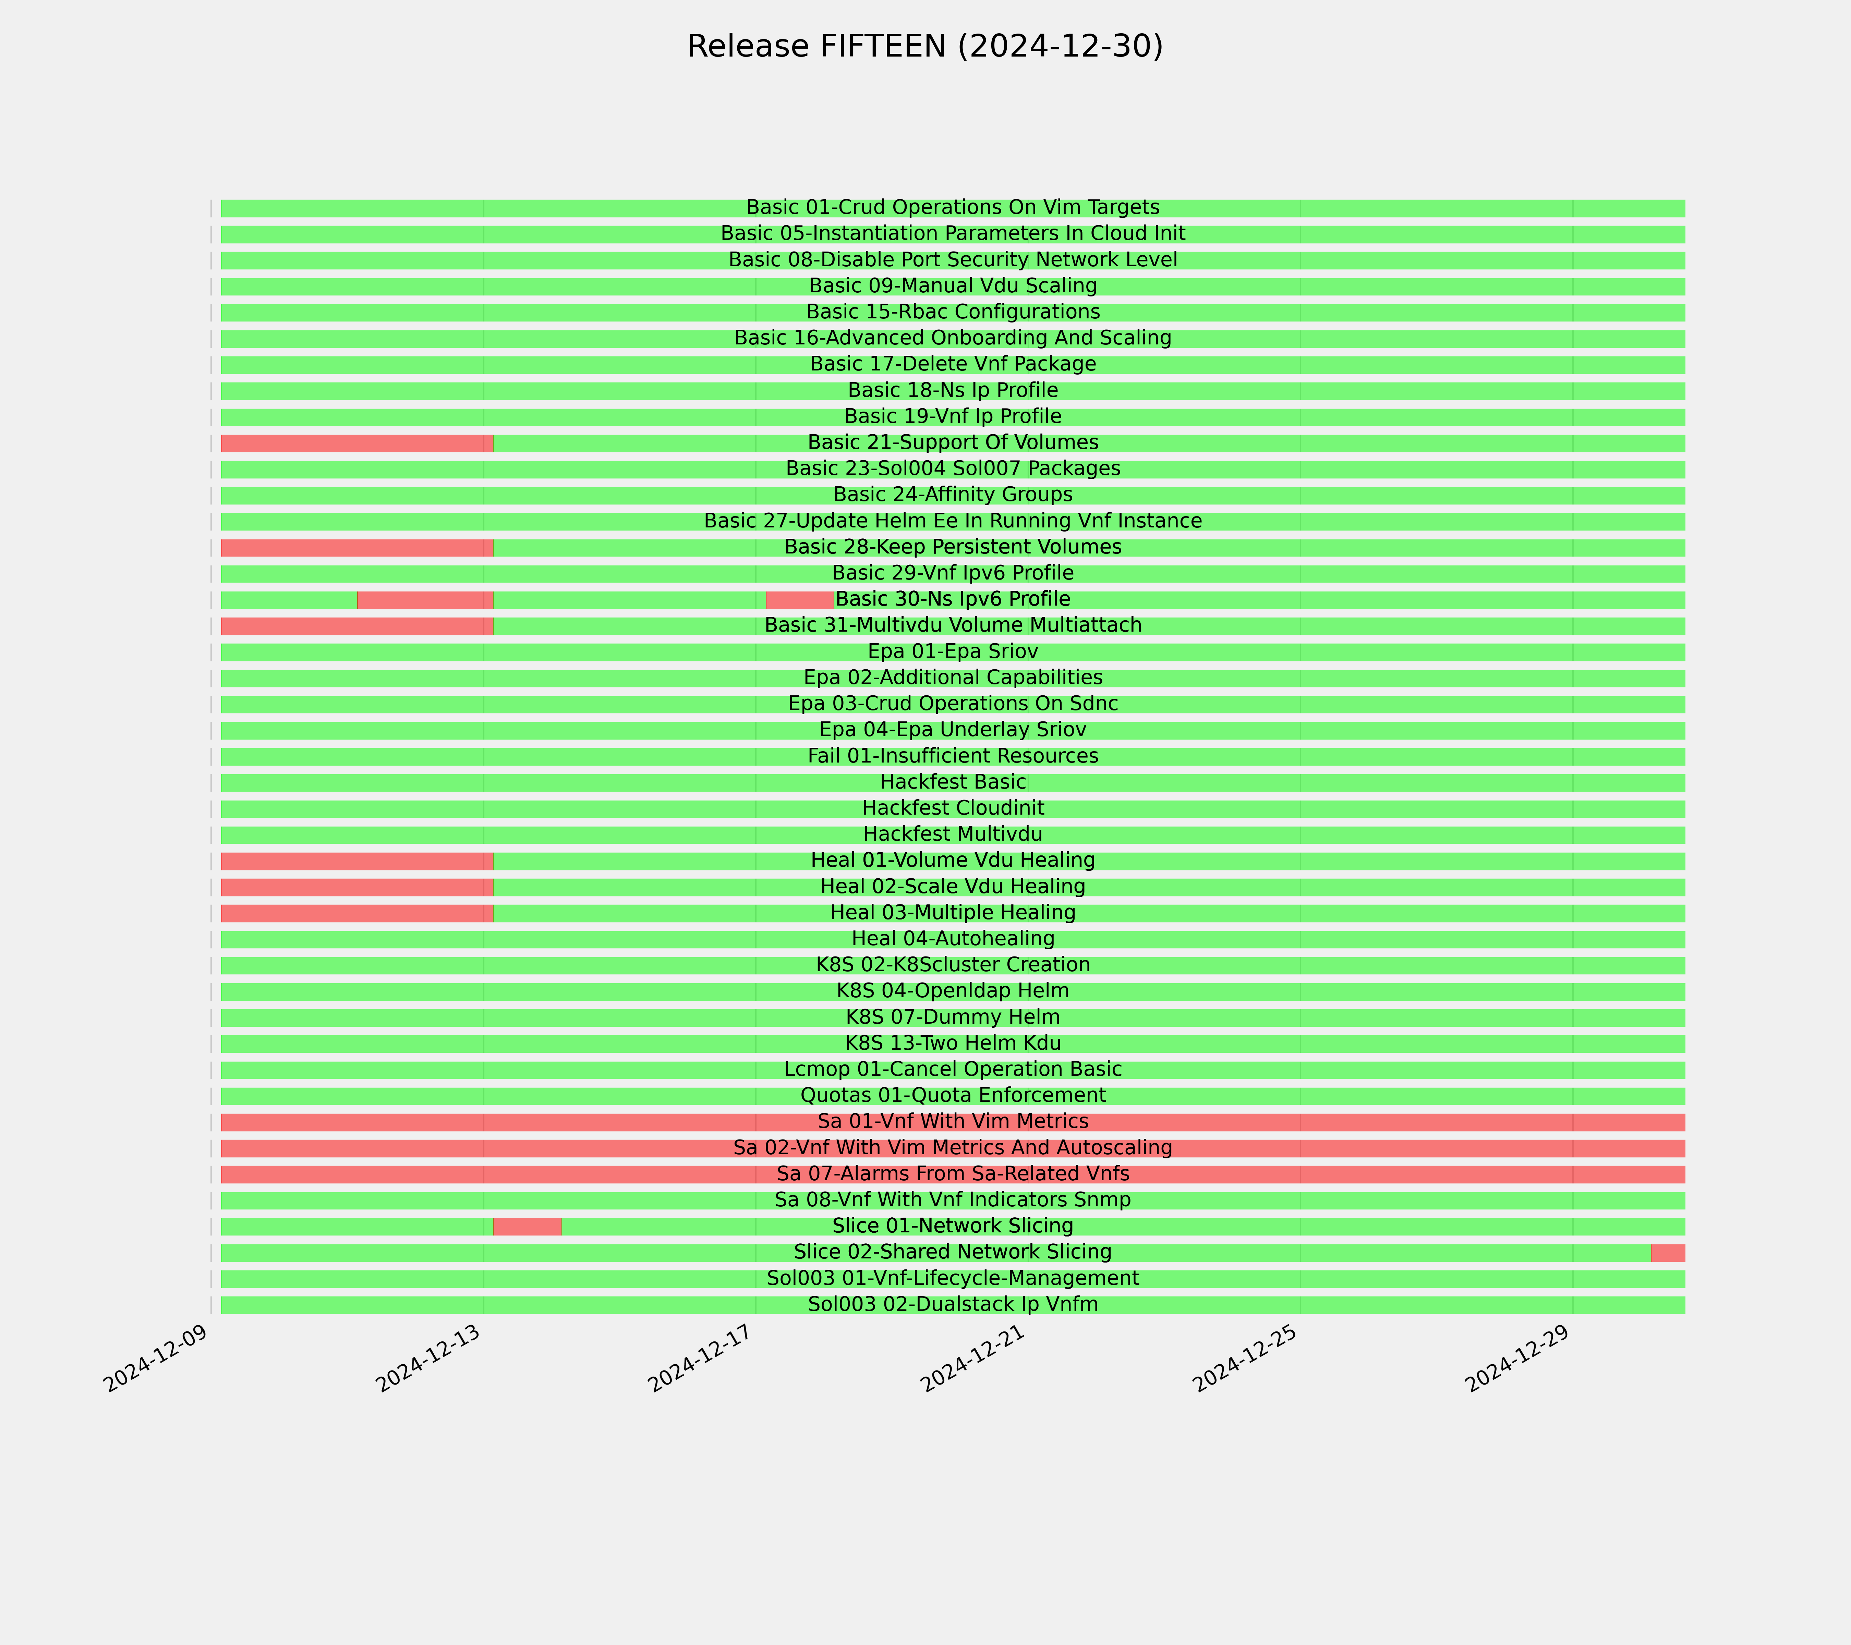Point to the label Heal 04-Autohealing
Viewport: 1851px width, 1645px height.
pos(953,939)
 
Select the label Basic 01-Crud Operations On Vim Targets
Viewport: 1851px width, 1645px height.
pos(953,207)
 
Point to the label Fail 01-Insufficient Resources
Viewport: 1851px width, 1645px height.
pos(953,756)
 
